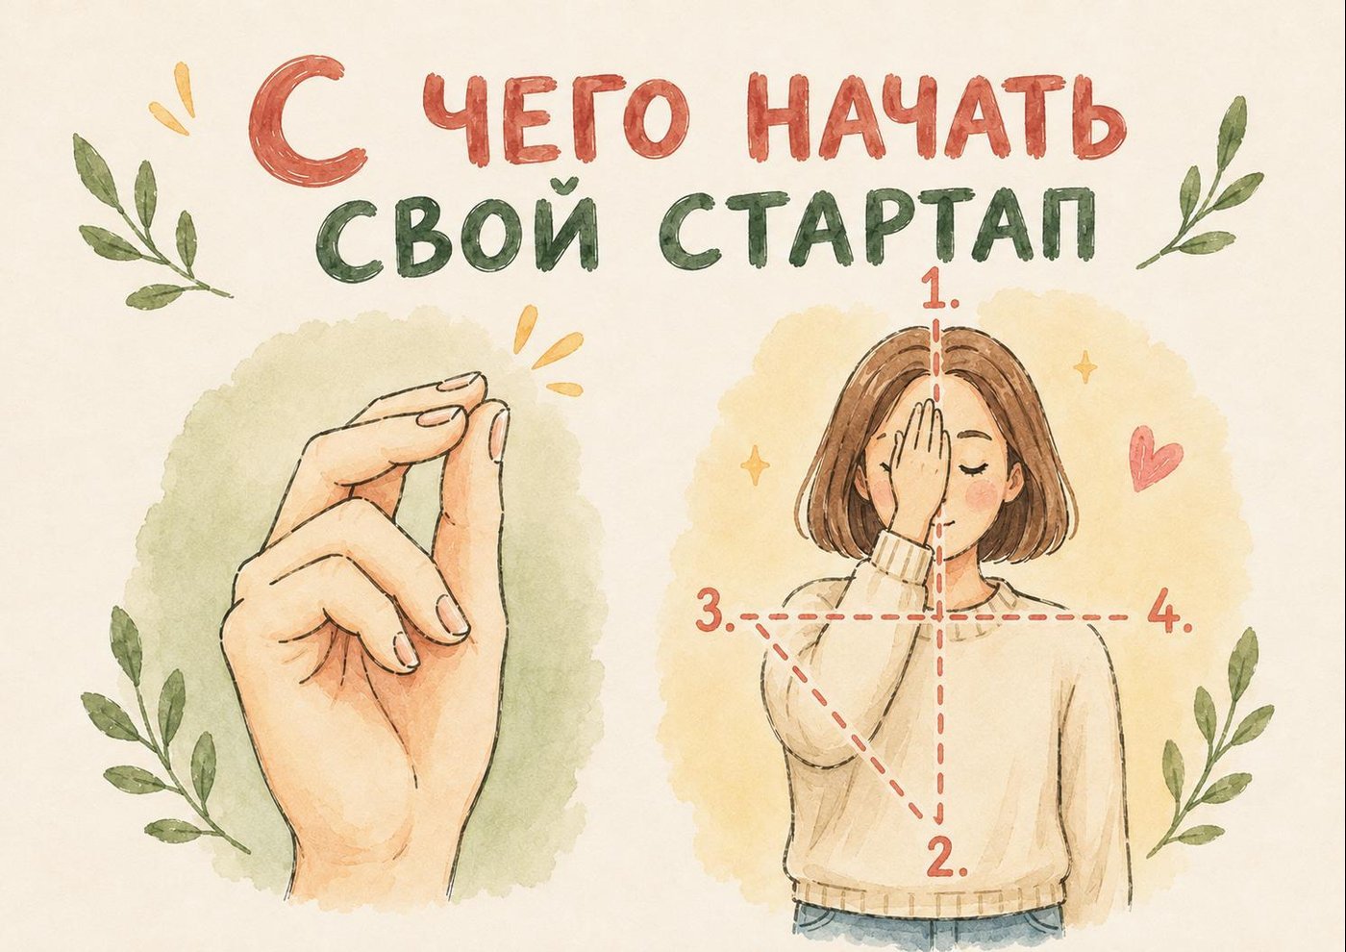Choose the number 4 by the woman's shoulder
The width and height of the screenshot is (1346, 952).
(1169, 616)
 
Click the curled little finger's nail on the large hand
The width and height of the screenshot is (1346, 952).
(407, 649)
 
